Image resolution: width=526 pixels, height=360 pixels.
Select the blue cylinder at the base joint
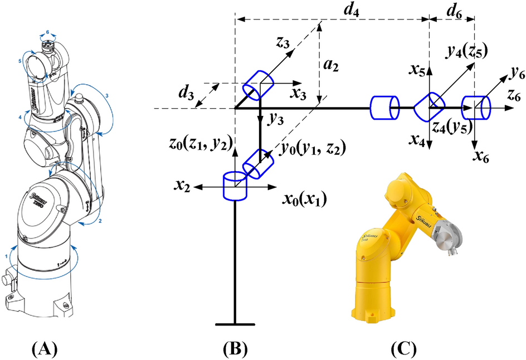(235, 186)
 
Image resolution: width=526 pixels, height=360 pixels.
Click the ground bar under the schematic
(235, 324)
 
